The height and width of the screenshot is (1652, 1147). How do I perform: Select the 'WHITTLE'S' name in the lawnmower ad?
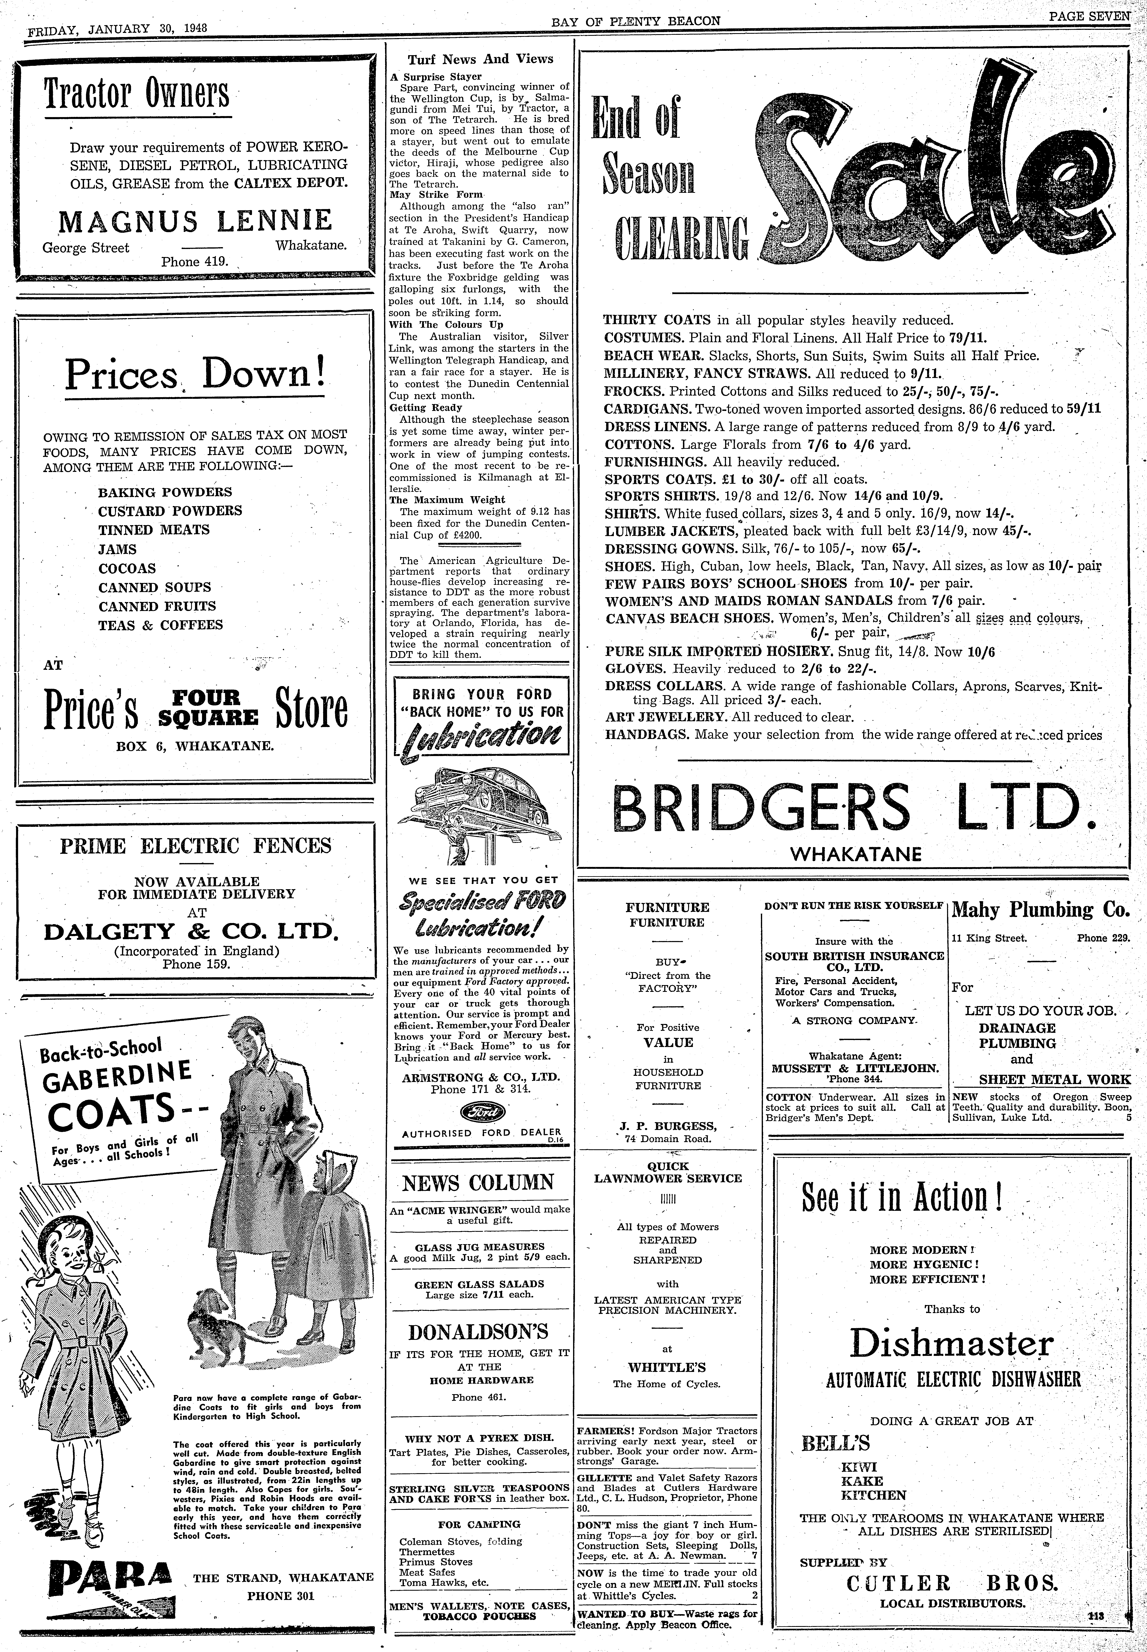[x=667, y=1367]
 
